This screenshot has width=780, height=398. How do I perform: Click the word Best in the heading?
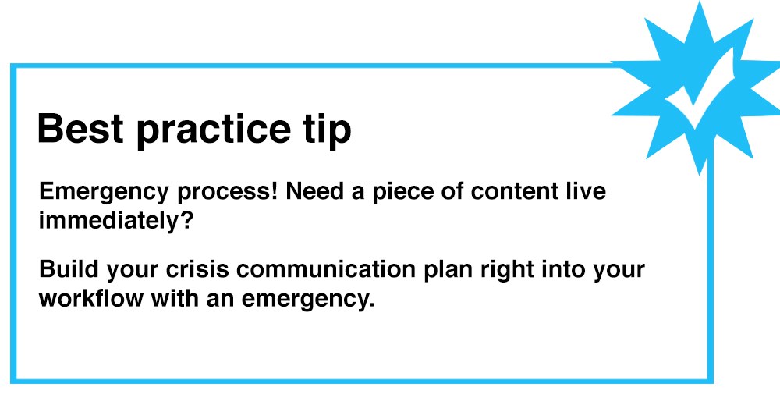coord(80,129)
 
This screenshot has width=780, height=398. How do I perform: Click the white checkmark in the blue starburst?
coord(697,91)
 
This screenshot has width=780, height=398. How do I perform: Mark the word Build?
coord(65,270)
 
